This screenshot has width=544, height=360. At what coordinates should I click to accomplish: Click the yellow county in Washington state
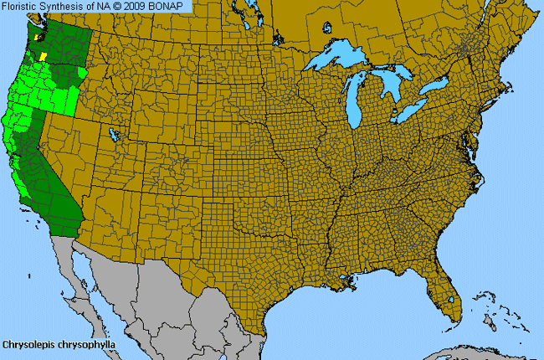pyautogui.click(x=44, y=54)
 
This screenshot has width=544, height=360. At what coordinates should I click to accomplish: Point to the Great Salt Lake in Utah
pyautogui.click(x=114, y=134)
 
